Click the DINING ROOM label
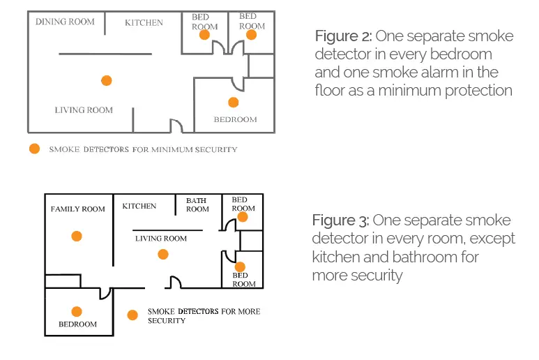(65, 22)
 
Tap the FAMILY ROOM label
(78, 209)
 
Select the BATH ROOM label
(197, 204)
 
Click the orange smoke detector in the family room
(77, 237)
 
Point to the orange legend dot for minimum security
(34, 149)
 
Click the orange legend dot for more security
(132, 315)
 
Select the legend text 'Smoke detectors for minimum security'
(143, 149)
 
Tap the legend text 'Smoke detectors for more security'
(203, 315)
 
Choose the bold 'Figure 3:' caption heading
(340, 221)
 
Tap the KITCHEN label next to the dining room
(144, 22)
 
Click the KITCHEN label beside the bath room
(139, 206)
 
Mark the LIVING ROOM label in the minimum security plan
(84, 110)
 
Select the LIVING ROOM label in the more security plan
(161, 238)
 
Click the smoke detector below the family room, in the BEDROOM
(77, 312)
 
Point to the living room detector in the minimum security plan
(106, 81)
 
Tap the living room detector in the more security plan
(163, 255)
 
